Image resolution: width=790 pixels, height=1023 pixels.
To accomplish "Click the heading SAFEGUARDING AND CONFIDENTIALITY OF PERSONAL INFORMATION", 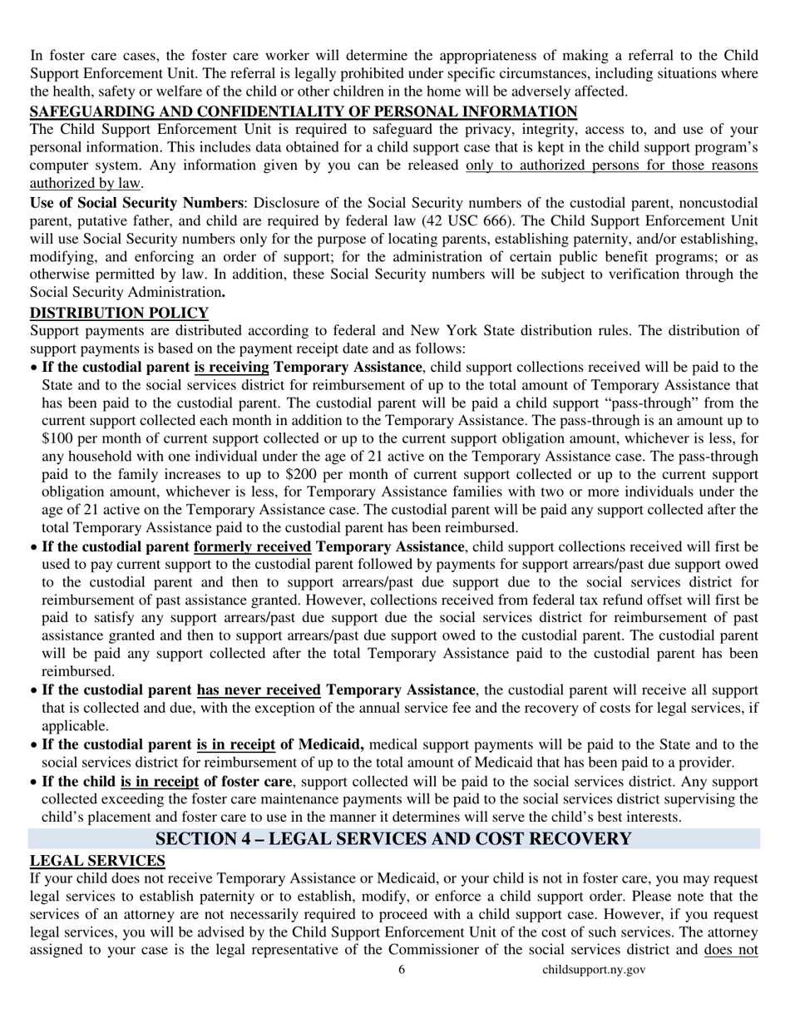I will (x=304, y=111).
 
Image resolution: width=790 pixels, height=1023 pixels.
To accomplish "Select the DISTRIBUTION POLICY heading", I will (x=119, y=313).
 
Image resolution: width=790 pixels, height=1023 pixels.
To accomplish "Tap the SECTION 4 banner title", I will (x=393, y=838).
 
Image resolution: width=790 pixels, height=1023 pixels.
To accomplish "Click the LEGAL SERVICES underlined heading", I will (x=97, y=861).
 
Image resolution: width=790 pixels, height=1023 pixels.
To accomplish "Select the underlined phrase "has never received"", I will (x=259, y=690).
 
